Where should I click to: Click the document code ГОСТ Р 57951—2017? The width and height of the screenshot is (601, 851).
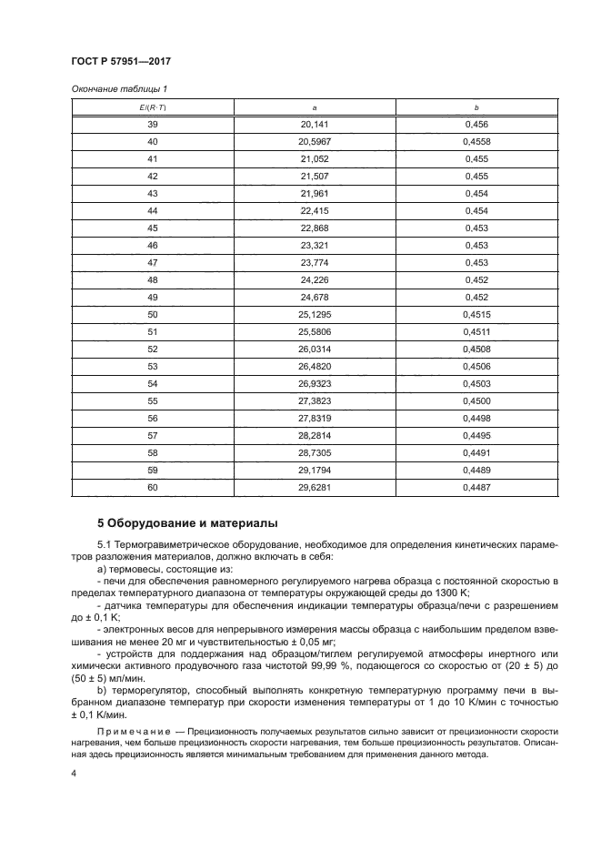coord(122,61)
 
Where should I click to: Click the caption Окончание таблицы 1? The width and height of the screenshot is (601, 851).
coord(118,88)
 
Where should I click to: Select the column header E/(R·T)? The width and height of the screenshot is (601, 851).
coord(152,106)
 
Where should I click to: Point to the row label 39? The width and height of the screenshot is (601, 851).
coord(152,123)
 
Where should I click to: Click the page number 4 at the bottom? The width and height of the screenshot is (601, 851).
coord(74,774)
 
